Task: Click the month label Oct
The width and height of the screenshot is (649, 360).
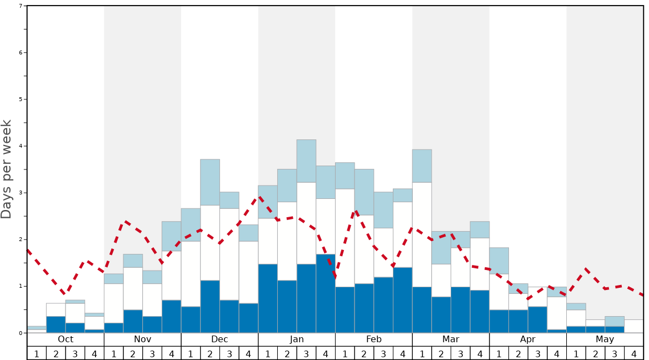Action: (x=66, y=339)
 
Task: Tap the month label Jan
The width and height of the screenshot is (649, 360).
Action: (x=297, y=339)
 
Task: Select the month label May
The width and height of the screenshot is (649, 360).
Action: (x=605, y=339)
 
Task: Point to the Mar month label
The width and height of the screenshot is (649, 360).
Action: (x=451, y=339)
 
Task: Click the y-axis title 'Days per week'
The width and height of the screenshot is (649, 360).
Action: (x=7, y=169)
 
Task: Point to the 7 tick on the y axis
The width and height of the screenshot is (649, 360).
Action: (x=21, y=6)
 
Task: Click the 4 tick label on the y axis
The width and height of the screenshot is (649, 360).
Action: (x=21, y=146)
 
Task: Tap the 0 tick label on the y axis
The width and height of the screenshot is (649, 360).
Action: (x=21, y=333)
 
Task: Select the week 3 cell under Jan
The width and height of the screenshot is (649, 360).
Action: (x=306, y=353)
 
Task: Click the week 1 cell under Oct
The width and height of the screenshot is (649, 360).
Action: (x=37, y=353)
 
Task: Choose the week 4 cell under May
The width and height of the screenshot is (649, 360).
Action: (x=634, y=353)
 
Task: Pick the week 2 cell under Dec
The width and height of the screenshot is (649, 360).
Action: (x=210, y=353)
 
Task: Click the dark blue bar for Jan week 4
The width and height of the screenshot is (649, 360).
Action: (x=326, y=293)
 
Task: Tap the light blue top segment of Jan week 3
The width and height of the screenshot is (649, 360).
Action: (x=306, y=161)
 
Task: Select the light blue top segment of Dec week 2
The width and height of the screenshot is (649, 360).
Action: (x=210, y=182)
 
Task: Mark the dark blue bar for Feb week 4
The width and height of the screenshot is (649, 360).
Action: (x=402, y=300)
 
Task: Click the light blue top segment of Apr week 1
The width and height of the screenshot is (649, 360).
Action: (x=499, y=261)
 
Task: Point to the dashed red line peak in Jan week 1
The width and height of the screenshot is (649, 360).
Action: (x=260, y=197)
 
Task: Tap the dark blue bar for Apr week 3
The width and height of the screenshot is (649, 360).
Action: (x=537, y=319)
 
